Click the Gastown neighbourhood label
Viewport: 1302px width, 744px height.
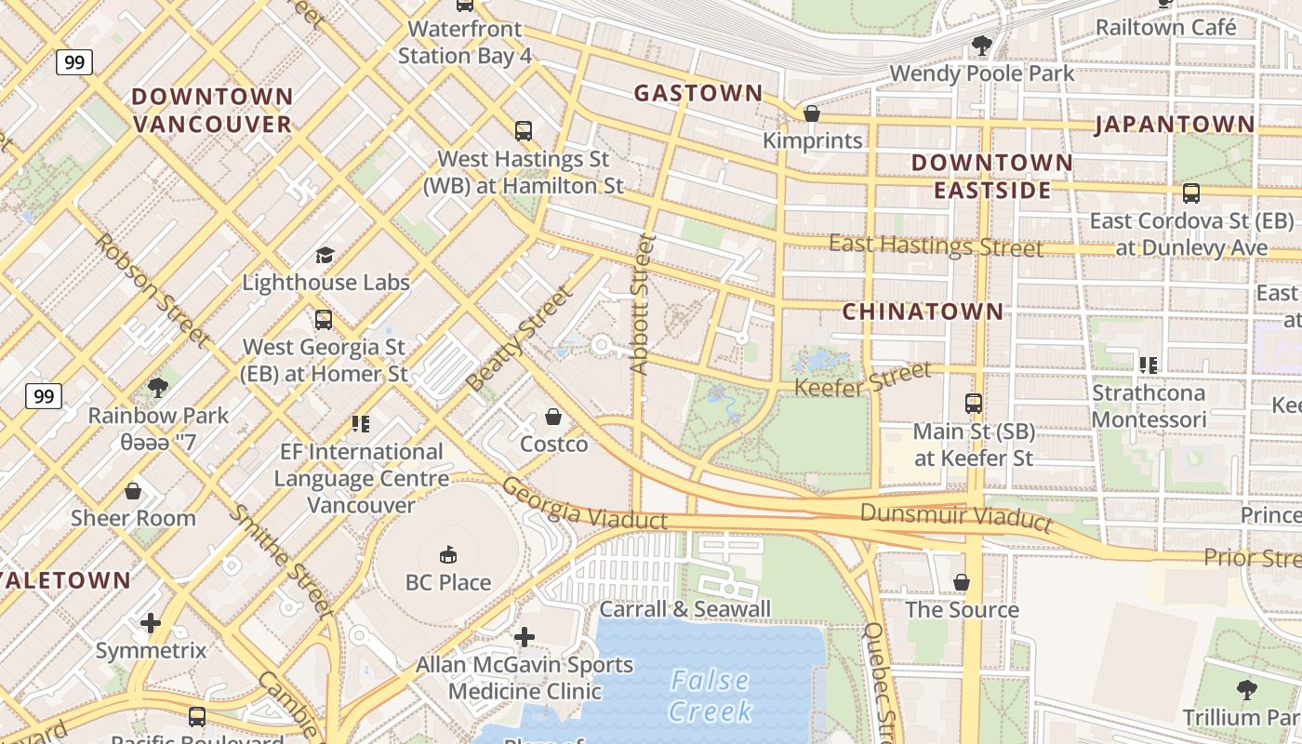point(697,93)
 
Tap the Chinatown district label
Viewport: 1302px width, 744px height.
point(923,312)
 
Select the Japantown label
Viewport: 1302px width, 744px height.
point(1175,124)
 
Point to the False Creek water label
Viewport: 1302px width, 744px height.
point(711,696)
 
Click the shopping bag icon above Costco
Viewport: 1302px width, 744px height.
point(553,417)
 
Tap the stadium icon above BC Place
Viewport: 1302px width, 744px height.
point(448,554)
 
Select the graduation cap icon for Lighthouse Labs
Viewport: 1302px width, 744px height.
point(325,255)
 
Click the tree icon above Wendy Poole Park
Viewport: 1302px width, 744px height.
point(981,45)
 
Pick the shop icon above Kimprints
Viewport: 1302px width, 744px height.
point(812,113)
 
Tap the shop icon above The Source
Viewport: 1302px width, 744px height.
point(962,582)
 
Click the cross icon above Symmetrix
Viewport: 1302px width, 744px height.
point(151,622)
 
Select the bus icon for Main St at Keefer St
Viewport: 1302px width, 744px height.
point(974,404)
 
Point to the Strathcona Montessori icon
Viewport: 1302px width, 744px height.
point(1149,365)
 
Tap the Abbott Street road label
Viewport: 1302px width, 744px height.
point(641,304)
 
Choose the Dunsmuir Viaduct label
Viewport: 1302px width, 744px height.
point(956,517)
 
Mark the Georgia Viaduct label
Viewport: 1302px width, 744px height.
point(584,503)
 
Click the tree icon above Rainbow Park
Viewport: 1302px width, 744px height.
point(157,387)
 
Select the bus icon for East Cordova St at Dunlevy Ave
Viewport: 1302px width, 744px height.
point(1190,193)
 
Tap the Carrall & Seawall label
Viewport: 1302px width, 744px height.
point(684,609)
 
